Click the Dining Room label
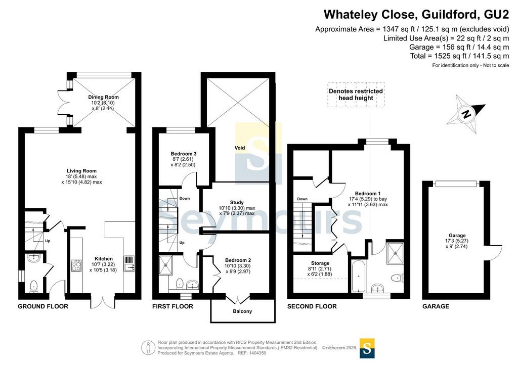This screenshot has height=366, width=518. point(103,97)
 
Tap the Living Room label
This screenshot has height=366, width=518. point(81,171)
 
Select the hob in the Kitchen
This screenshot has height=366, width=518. point(76,266)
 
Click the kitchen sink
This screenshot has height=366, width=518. point(128,264)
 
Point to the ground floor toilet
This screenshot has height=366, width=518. point(34,286)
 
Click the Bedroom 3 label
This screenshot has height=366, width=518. point(184,154)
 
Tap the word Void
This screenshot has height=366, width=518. point(240,148)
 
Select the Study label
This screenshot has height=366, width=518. point(237,202)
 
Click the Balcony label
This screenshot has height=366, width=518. point(242,311)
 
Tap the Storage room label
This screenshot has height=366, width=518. point(320,263)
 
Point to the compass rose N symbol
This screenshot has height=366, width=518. point(466,114)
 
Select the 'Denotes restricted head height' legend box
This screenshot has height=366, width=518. point(356,95)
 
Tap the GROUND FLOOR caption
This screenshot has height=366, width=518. point(43,306)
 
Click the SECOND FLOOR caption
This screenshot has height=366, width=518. point(312,306)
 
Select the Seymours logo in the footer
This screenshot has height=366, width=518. point(367,348)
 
